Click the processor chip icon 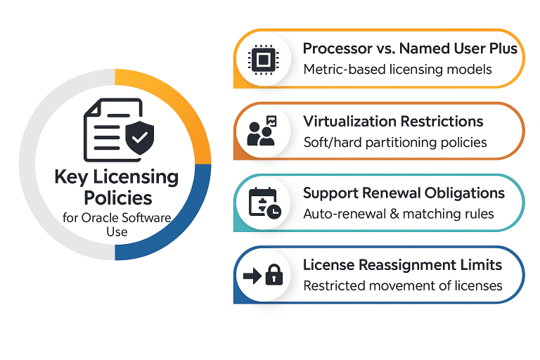coord(263,59)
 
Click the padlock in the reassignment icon coord(274,275)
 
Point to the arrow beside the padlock coord(252,276)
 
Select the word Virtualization coord(347,121)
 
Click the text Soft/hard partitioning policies coord(395,142)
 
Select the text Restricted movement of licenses coord(403,285)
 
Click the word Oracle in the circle coord(110,218)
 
